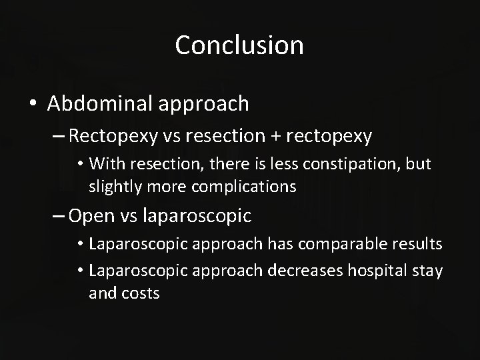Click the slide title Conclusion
click(x=239, y=45)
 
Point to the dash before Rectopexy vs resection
click(x=57, y=137)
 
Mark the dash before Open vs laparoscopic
click(x=57, y=216)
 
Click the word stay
click(x=428, y=271)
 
